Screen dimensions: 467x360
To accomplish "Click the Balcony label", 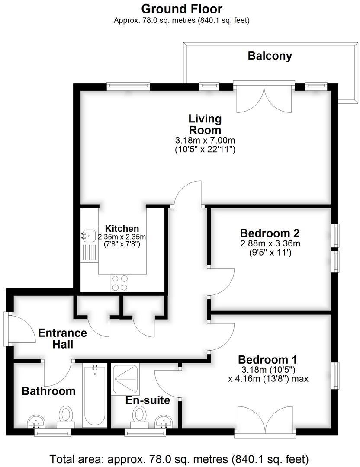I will [270, 56].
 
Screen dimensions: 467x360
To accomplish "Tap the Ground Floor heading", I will [182, 8].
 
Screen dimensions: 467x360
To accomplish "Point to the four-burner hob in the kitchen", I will [120, 282].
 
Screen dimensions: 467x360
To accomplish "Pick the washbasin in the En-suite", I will [163, 420].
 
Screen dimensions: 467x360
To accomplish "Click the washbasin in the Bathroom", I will [36, 421].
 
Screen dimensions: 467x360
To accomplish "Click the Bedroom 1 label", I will [268, 359].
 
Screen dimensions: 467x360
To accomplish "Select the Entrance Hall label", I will [62, 339].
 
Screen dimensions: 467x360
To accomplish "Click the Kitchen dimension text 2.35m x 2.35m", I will [122, 237].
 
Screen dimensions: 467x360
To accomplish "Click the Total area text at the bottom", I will [179, 458].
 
